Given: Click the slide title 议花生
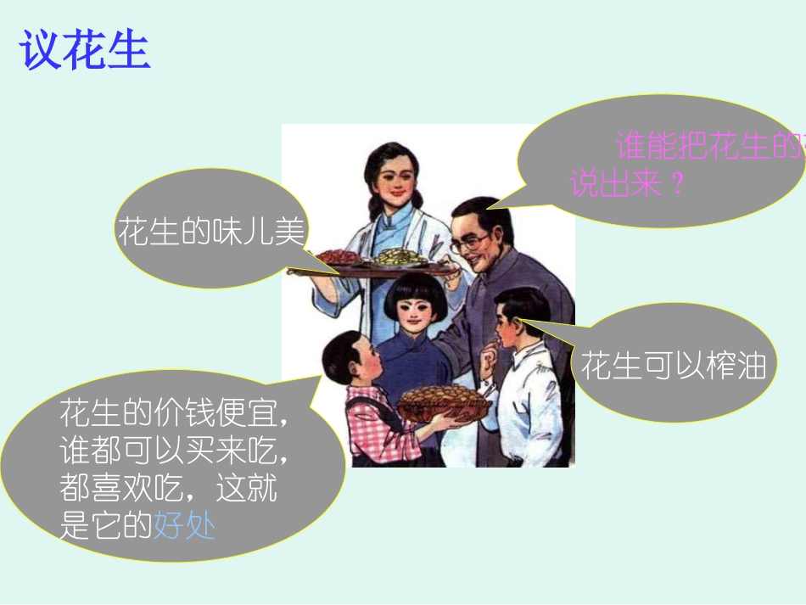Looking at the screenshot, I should (x=85, y=51).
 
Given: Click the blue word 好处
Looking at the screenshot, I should (x=184, y=527).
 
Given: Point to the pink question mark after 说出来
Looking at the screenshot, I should (x=676, y=184).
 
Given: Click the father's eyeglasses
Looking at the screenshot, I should (x=470, y=243).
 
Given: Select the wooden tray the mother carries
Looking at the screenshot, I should (x=373, y=268).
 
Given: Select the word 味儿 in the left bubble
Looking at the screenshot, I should (x=241, y=231).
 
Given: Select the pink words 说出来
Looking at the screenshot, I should (x=615, y=184).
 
